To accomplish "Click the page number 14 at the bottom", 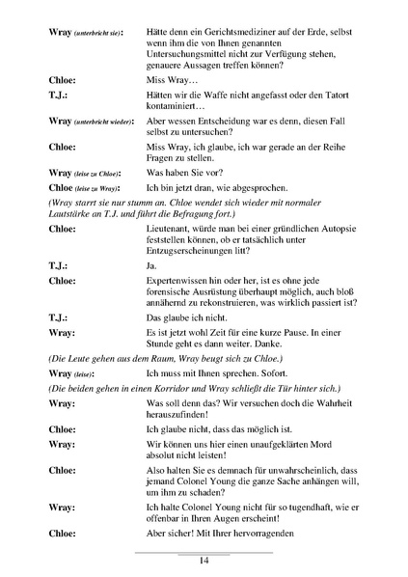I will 204,561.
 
